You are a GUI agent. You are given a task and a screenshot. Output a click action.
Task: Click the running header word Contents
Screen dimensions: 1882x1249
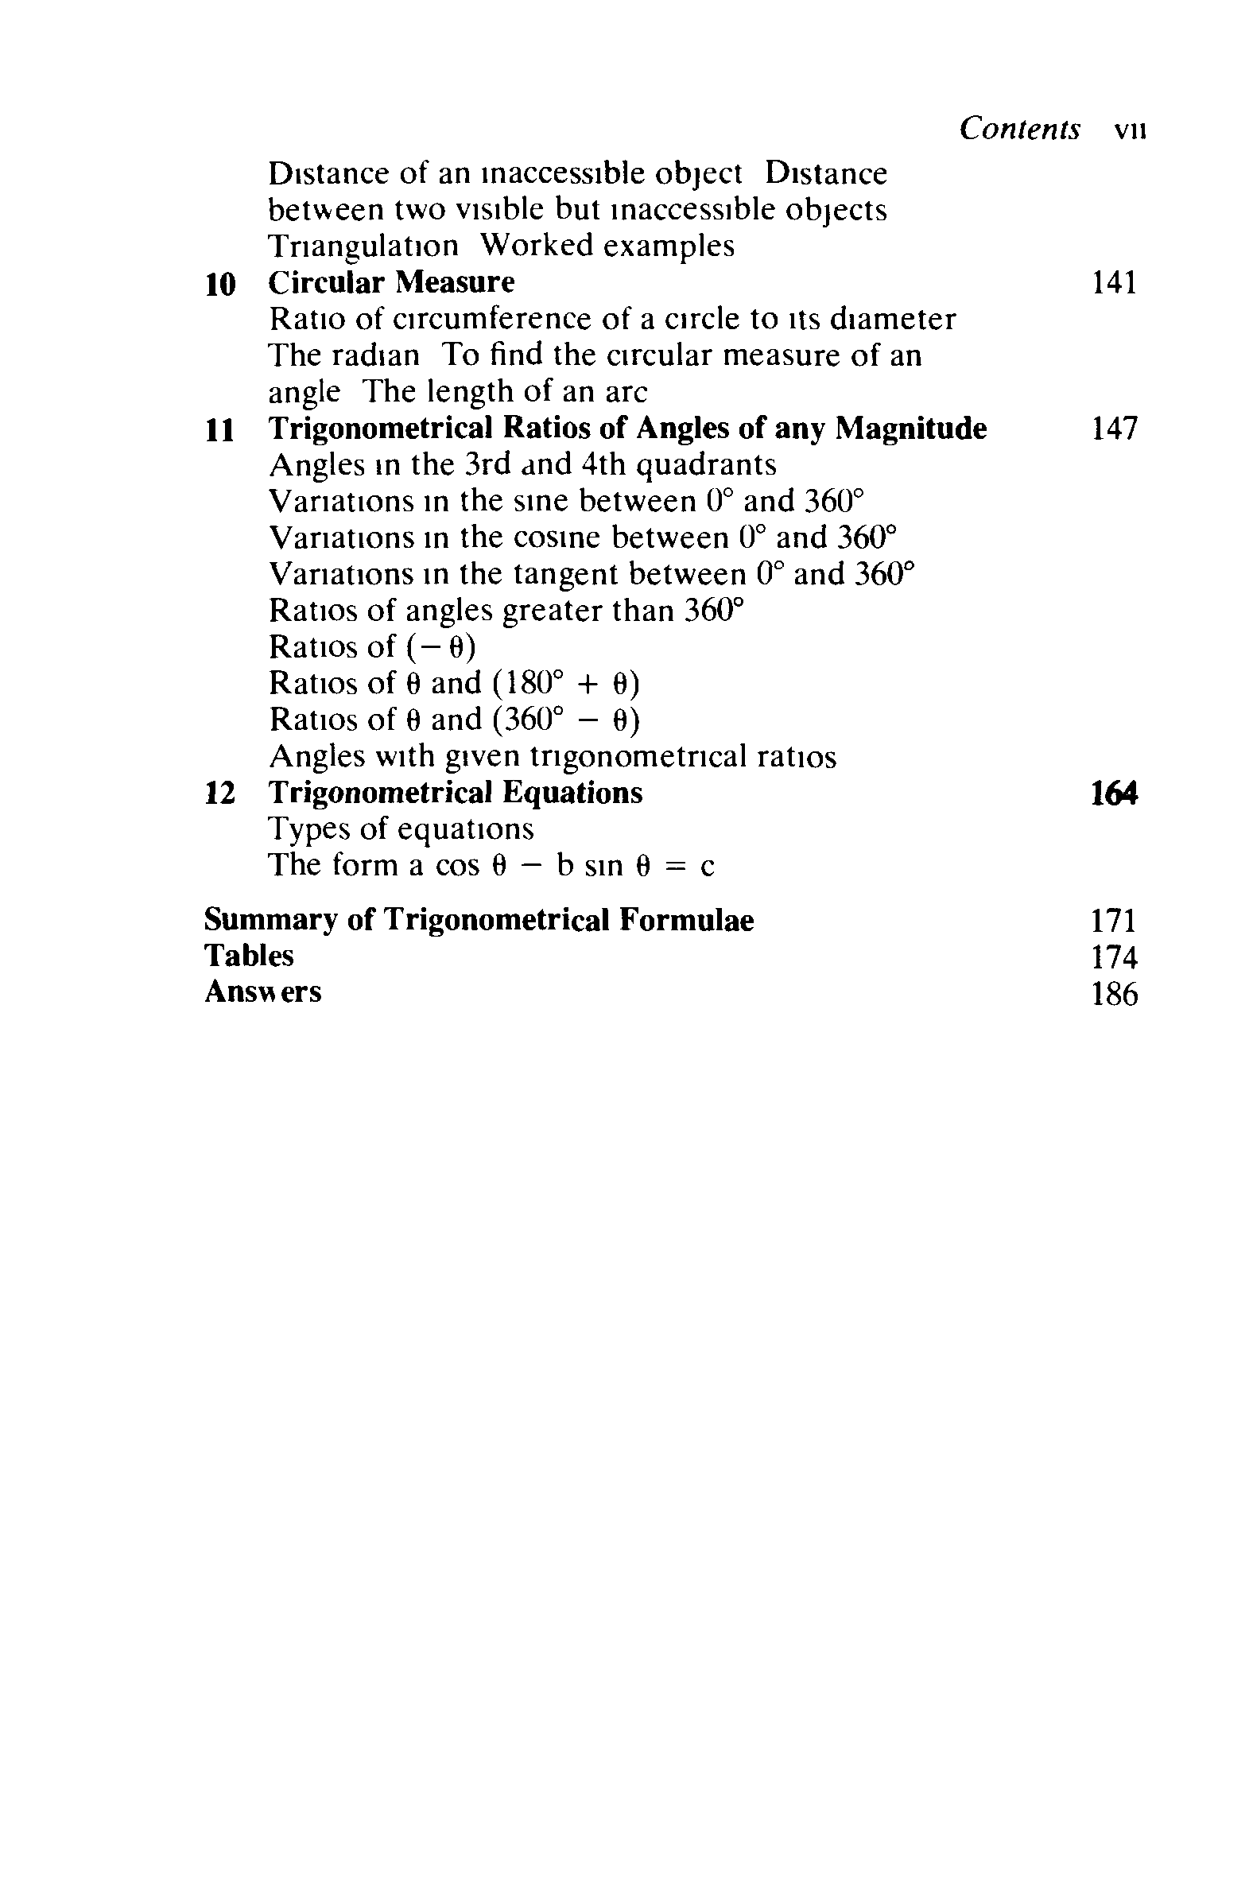1019,129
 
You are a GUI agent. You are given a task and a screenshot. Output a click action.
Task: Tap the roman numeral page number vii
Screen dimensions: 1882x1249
1130,130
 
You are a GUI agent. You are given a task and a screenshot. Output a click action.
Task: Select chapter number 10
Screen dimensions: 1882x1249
220,285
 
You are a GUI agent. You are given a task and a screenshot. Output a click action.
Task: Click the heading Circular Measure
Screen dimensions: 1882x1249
391,283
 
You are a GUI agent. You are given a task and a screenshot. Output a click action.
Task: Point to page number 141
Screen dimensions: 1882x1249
1114,283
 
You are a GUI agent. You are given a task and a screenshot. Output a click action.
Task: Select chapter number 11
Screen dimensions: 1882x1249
220,431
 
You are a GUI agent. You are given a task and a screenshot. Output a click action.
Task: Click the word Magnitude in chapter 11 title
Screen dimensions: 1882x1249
910,429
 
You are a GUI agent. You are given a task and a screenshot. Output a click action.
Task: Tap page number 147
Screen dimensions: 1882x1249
1114,429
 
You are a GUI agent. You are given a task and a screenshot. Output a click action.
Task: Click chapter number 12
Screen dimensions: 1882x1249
220,794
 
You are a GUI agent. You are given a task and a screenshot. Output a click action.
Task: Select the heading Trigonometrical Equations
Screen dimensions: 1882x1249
455,794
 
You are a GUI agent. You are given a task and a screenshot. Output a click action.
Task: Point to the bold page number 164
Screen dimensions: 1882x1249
1114,794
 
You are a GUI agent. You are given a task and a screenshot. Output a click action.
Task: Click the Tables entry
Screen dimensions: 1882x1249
249,956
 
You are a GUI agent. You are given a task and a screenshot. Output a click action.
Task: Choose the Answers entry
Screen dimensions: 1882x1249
263,992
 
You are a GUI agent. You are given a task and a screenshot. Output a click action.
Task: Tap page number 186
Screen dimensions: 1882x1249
1114,994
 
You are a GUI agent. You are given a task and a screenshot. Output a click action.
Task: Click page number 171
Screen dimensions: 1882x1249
1114,921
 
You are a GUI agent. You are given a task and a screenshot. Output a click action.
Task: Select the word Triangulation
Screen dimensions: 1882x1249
363,247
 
